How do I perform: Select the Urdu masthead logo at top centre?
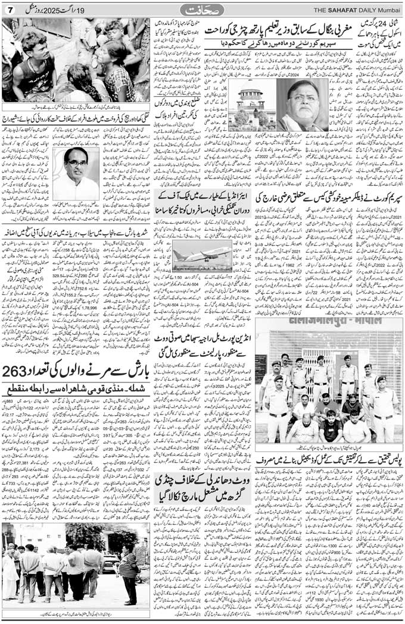[x=202, y=10]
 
